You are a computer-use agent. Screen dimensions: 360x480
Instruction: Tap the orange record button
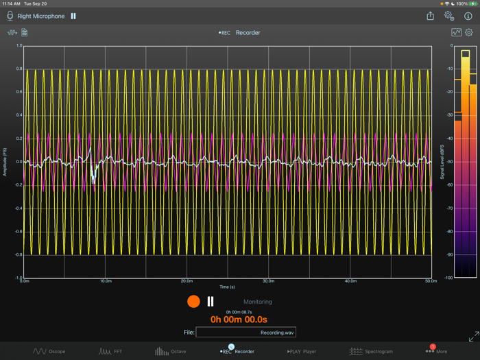click(x=193, y=302)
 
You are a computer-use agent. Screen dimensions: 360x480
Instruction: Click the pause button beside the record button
click(x=211, y=302)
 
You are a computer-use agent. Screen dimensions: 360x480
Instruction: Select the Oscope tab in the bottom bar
click(x=49, y=351)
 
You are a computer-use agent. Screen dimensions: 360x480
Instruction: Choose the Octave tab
click(x=170, y=351)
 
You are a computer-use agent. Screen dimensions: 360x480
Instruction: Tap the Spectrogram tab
click(x=371, y=351)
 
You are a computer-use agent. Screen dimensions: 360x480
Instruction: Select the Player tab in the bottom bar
click(x=302, y=351)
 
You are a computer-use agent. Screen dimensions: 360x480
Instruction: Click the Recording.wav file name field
click(x=245, y=333)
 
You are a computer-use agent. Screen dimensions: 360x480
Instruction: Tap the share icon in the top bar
click(x=430, y=16)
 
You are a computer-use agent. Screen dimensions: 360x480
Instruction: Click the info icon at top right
click(x=468, y=16)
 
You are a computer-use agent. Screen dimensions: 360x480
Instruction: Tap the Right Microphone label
click(x=41, y=16)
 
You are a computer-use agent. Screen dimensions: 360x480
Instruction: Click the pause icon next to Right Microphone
click(x=73, y=16)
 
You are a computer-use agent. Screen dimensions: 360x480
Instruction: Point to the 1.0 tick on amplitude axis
click(x=19, y=46)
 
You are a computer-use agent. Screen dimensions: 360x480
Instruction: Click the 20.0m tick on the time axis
click(x=187, y=281)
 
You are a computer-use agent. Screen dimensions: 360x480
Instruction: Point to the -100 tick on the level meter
click(x=448, y=278)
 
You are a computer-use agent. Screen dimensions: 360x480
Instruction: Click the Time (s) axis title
click(x=228, y=287)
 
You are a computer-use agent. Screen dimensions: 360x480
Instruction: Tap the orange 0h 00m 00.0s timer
click(x=239, y=320)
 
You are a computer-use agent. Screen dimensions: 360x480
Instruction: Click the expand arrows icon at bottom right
click(x=473, y=337)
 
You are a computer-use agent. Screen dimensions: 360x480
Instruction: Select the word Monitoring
click(x=258, y=302)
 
